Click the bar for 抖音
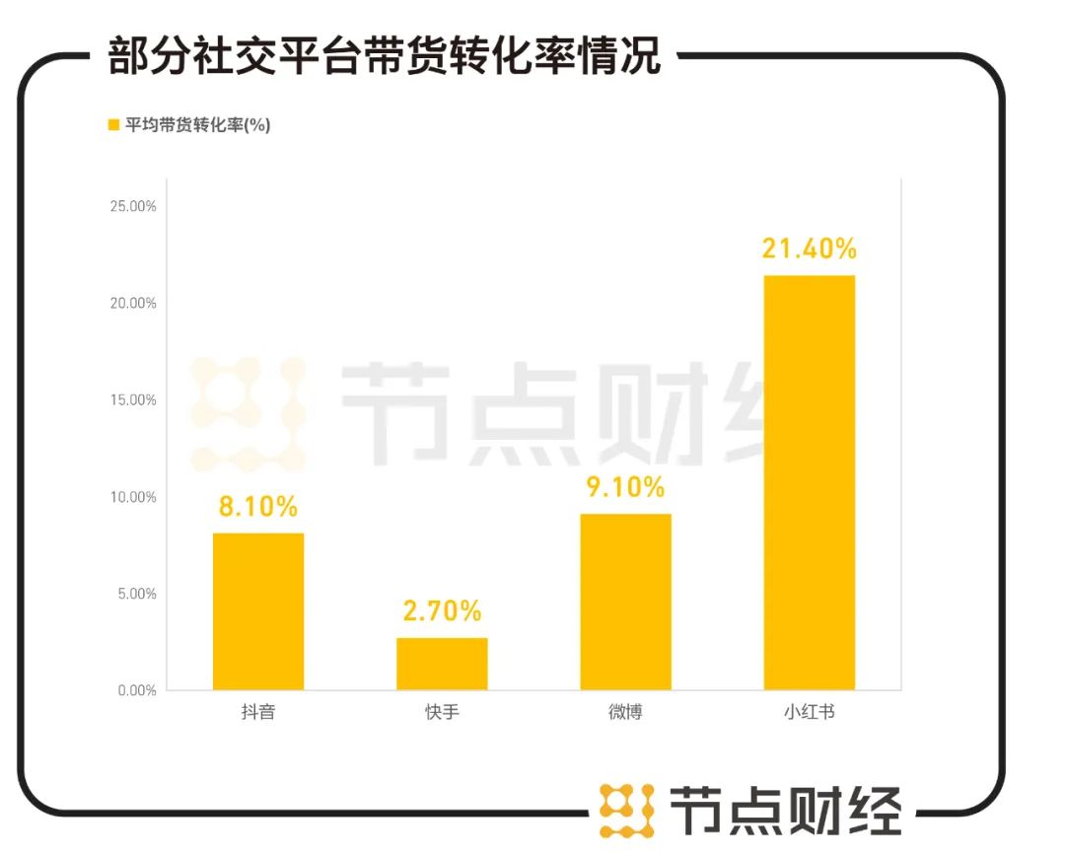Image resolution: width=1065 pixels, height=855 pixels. (x=258, y=610)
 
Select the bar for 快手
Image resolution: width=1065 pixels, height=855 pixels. (x=442, y=663)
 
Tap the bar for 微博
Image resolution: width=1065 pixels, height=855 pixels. (x=625, y=601)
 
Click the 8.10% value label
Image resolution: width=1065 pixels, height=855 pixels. (x=258, y=507)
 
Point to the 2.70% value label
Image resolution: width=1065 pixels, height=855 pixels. (x=442, y=610)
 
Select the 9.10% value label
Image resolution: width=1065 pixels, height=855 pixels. (x=625, y=487)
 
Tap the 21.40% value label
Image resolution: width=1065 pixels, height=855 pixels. (x=809, y=249)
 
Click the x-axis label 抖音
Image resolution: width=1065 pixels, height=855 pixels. (x=258, y=712)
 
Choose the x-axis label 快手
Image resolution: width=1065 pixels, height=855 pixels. (x=442, y=712)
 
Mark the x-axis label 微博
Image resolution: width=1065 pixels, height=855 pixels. (x=625, y=712)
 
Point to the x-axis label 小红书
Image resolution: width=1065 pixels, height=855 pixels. (x=809, y=712)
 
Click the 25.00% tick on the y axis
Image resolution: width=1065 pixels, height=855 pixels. (x=132, y=207)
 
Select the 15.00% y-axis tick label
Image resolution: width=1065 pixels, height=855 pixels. (x=132, y=400)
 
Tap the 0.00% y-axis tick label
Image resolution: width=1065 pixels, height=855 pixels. (x=136, y=690)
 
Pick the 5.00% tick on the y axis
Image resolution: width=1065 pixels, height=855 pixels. (x=136, y=594)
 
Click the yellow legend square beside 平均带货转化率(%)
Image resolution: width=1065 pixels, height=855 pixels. (x=112, y=125)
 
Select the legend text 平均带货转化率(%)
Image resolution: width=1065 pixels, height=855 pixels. (x=197, y=125)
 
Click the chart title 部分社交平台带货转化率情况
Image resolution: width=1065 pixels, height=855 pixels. (x=384, y=56)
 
